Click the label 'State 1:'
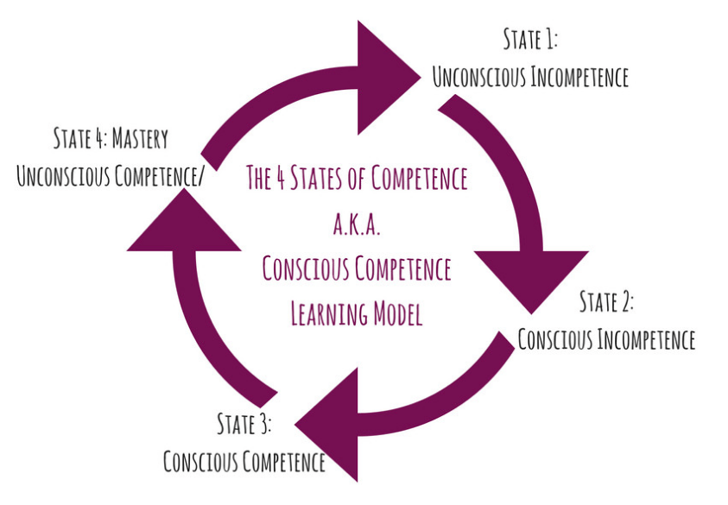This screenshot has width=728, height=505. (531, 40)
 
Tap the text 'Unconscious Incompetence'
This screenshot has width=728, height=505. (530, 77)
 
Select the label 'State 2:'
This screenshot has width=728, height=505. (606, 302)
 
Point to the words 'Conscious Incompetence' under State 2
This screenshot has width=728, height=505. (606, 339)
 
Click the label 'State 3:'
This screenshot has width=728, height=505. (244, 424)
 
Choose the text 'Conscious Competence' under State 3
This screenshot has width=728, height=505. (244, 462)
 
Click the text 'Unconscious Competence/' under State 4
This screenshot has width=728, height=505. (111, 176)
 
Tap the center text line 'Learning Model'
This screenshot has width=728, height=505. (356, 313)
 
